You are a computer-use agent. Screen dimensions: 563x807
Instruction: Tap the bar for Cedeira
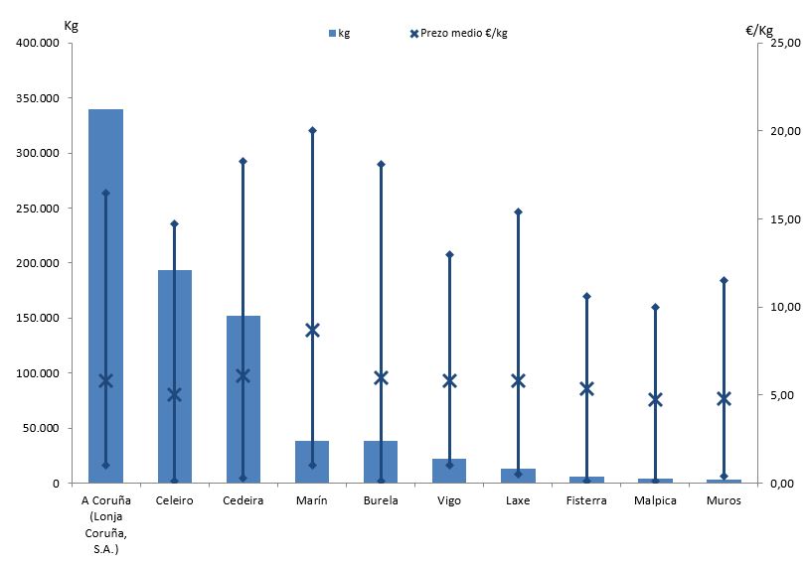242,397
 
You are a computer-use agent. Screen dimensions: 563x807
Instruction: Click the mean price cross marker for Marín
312,330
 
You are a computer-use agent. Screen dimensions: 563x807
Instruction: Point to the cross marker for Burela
381,377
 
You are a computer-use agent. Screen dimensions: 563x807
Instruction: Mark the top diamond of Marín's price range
312,130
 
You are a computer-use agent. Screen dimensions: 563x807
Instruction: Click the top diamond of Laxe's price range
518,211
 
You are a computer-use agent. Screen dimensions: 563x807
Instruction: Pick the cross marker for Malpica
655,399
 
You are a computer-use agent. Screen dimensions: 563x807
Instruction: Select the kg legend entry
339,33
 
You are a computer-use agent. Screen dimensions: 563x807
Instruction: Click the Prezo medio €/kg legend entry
458,33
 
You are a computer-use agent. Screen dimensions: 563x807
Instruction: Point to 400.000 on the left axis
37,44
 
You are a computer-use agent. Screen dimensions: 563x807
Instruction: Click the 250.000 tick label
37,209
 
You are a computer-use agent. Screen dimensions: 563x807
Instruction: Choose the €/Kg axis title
758,30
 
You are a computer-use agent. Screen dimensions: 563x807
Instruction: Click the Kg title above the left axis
71,25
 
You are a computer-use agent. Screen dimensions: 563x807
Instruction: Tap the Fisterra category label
586,500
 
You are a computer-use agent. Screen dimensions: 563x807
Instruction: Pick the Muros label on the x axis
724,500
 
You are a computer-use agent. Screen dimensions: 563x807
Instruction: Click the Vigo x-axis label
449,500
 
